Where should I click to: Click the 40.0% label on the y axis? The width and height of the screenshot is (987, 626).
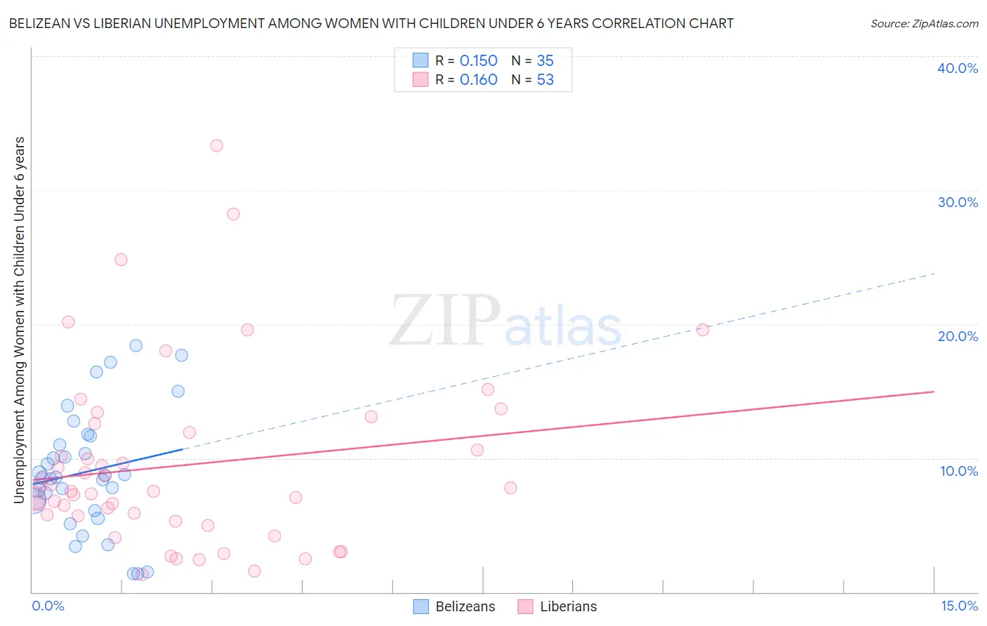coord(958,68)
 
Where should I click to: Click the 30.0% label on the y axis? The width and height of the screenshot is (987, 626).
coord(958,202)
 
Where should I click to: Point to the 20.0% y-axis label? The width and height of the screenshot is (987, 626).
coord(958,336)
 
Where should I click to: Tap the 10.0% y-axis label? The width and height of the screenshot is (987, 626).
coord(959,471)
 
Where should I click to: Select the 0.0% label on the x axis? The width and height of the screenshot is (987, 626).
coord(48,606)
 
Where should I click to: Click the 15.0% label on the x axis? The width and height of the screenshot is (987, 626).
coord(959,606)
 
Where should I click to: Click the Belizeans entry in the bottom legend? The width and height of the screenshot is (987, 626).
coord(465,606)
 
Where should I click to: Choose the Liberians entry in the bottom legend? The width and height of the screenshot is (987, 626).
coord(568,606)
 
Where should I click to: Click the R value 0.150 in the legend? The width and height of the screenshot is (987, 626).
coord(478,61)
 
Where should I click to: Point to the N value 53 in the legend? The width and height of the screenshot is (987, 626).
coord(545,80)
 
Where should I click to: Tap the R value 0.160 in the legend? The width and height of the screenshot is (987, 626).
coord(478,80)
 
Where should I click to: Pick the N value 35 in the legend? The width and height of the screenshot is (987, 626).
coord(545,61)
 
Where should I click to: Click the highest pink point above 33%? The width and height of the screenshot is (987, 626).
coord(217,146)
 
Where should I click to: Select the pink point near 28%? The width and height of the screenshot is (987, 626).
coord(233,214)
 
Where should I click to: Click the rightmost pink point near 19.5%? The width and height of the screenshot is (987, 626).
coord(703,330)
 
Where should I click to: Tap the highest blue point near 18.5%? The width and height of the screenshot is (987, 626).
coord(136,345)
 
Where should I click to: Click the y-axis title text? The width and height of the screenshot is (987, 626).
coord(20,320)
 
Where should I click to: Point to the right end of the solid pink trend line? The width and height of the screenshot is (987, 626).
coord(934,392)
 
